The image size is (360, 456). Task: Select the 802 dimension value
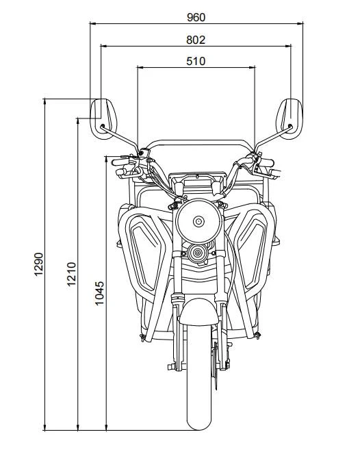coord(196,40)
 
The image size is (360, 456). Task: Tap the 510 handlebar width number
coord(196,61)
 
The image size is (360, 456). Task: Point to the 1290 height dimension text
coord(39,264)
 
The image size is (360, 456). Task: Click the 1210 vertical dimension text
coord(71,274)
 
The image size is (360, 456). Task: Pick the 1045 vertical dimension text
coord(100,293)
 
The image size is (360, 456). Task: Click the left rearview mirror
coord(104,118)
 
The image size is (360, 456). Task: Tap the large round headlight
coord(198,220)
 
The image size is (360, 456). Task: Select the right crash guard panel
coord(250,250)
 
